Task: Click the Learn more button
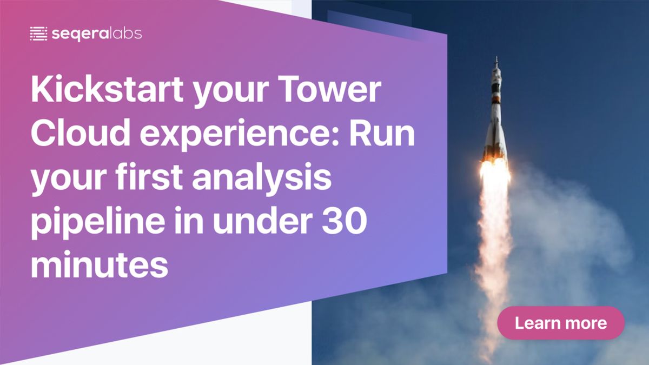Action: tap(561, 323)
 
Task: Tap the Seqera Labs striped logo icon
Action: tap(38, 34)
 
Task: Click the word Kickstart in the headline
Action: tap(107, 89)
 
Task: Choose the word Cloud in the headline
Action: tap(81, 133)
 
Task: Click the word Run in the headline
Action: tap(382, 133)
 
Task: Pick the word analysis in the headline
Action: tap(262, 179)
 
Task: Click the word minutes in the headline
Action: tap(100, 265)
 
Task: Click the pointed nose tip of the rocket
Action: tap(496, 57)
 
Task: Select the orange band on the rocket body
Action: tap(496, 99)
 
